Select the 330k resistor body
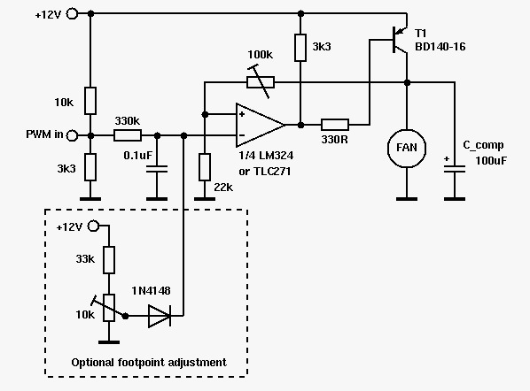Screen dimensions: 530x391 128,135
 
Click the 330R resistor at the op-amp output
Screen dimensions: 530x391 335,125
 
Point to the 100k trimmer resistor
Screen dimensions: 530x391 261,82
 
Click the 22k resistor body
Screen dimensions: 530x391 205,167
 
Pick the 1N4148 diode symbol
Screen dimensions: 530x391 160,316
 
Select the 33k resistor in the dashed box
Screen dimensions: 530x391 109,260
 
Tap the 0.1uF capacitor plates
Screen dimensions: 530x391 157,169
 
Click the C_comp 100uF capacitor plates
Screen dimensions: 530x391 455,169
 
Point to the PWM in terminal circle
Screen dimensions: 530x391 72,135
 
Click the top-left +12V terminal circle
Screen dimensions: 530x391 72,14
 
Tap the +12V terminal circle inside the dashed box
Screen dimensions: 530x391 93,226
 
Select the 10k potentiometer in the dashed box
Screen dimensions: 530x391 109,307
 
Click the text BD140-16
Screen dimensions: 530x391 440,47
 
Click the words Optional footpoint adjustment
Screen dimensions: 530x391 149,363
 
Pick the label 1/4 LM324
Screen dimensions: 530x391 266,156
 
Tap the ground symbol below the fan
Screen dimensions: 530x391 407,199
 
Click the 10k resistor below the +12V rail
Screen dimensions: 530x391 90,101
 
